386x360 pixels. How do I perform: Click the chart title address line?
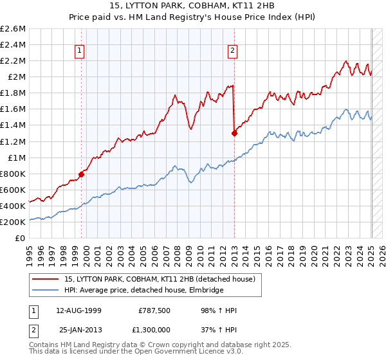click(x=192, y=6)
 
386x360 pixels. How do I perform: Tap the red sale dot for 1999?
click(x=82, y=174)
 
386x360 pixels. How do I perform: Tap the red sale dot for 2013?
click(x=234, y=133)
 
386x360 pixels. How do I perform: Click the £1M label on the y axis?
click(x=17, y=157)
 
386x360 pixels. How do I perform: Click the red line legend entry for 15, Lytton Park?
click(x=160, y=279)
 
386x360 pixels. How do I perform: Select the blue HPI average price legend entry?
click(x=143, y=291)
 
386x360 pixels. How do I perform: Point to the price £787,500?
click(x=154, y=310)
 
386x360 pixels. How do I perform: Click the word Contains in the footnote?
click(x=45, y=345)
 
